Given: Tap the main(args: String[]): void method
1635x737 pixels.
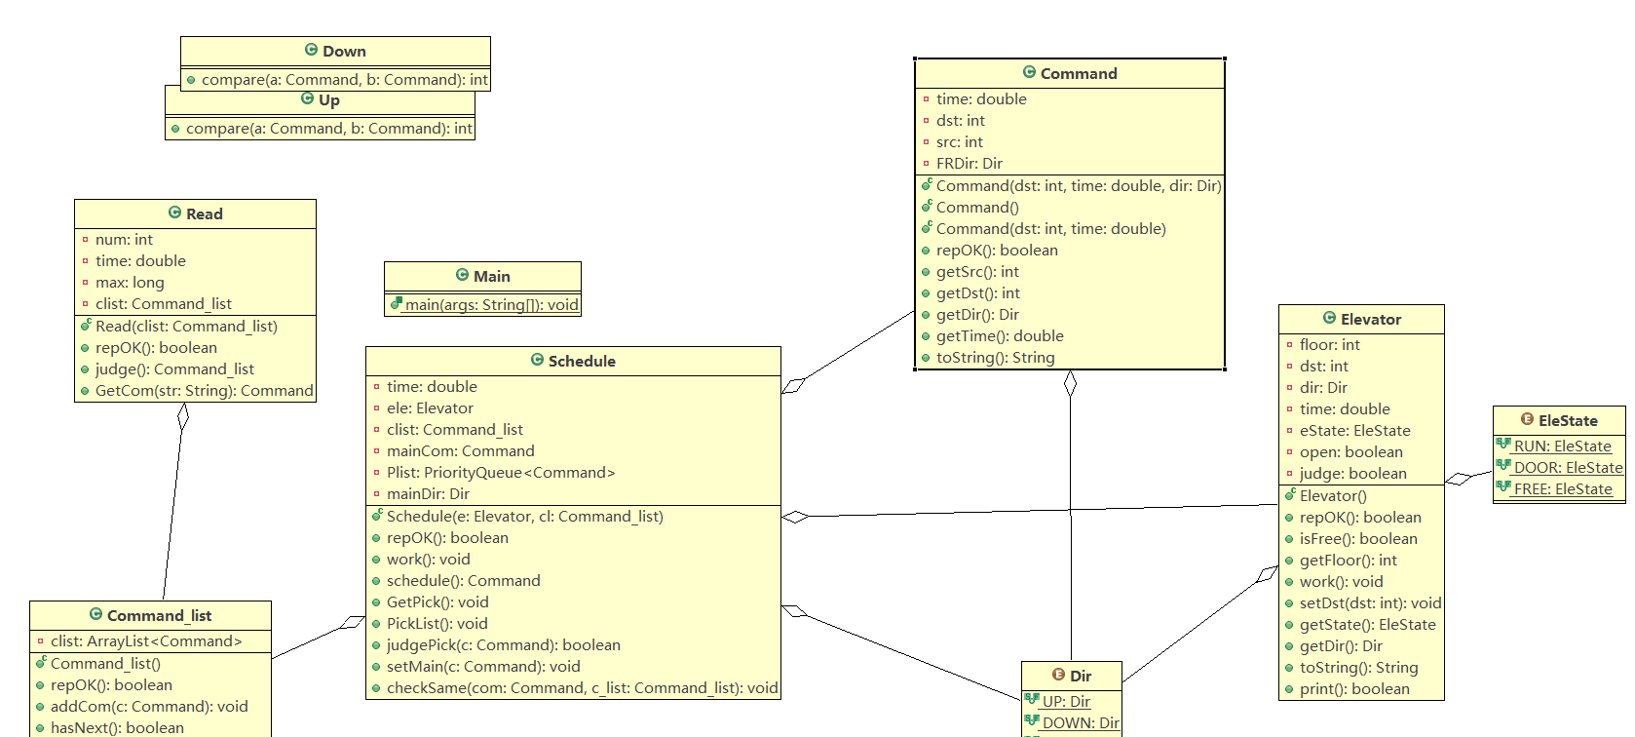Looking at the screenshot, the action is pos(491,304).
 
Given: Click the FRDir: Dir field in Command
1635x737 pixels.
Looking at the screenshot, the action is pos(970,164).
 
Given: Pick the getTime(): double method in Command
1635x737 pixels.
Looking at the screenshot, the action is pos(1000,336).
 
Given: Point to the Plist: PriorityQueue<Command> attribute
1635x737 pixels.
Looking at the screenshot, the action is pos(501,473).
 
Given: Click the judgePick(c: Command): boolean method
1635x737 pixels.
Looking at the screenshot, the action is pos(503,645).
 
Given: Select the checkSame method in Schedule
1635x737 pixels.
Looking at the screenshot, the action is pos(582,688).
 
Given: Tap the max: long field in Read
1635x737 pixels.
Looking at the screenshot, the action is pos(130,283).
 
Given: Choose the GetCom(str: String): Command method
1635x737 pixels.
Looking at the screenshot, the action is pos(205,391).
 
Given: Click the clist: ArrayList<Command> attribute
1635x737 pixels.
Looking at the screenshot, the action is pos(146,641).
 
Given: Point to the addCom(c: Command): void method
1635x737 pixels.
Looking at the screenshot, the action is pos(149,707).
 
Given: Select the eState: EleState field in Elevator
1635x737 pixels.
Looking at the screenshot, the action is pos(1354,431).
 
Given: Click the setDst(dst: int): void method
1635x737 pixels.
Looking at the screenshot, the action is pos(1370,603).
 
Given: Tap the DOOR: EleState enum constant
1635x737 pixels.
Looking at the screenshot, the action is pos(1568,468).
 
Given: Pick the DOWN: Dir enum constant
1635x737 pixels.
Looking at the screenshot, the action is pos(1081,723).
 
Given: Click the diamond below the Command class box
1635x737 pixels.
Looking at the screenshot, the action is pos(1070,383).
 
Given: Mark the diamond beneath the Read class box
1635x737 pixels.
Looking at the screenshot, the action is pos(183,416).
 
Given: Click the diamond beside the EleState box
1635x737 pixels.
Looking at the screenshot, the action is pos(1459,480).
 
